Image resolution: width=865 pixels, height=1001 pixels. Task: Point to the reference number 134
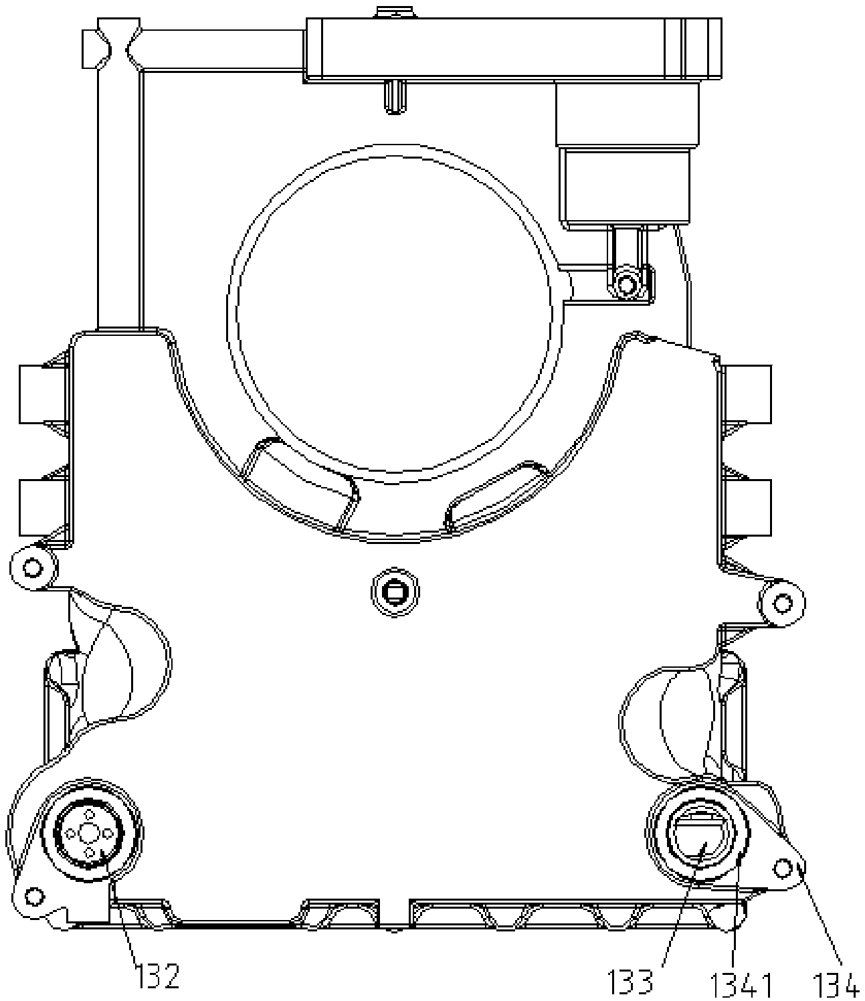click(x=838, y=982)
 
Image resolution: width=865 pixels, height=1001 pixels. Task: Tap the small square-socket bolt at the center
click(x=395, y=591)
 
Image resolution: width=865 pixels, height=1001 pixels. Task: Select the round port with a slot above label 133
click(x=698, y=833)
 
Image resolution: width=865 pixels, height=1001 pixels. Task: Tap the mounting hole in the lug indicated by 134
click(x=782, y=869)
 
